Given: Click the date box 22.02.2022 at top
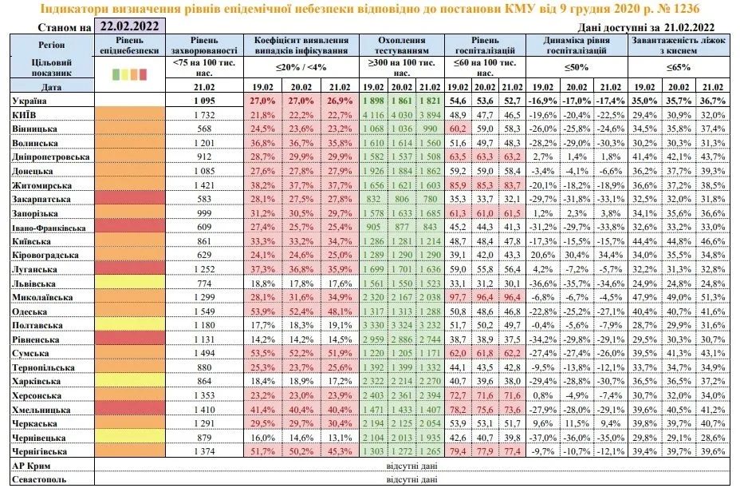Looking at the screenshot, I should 129,26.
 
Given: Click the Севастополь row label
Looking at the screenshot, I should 38,479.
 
